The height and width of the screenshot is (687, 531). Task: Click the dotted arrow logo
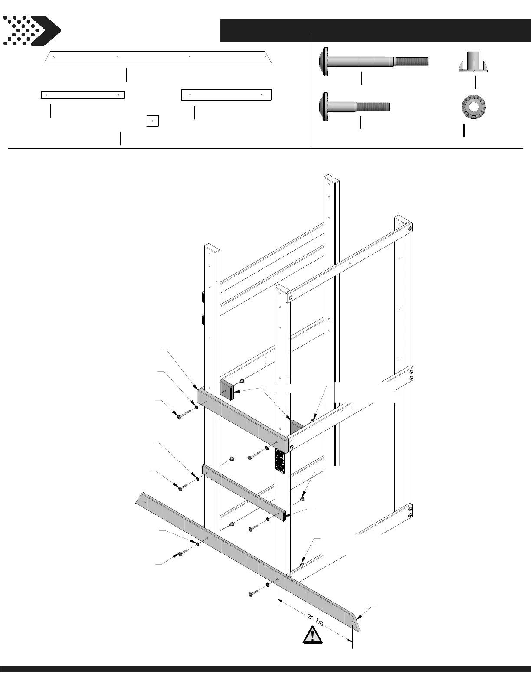[31, 30]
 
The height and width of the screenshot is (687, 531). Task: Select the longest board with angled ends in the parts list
[158, 57]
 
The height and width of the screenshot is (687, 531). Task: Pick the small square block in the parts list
[152, 121]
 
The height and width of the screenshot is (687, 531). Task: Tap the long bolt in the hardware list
[373, 61]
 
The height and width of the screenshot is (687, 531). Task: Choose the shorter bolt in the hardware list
[354, 106]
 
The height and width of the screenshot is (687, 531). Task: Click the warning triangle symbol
[312, 635]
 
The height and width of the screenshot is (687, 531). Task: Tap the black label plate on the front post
[280, 460]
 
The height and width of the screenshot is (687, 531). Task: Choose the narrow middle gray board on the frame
[243, 492]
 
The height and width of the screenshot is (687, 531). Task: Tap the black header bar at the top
[375, 29]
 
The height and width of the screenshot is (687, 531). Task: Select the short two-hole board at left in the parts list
[82, 95]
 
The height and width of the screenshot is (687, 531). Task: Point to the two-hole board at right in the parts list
[226, 95]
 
